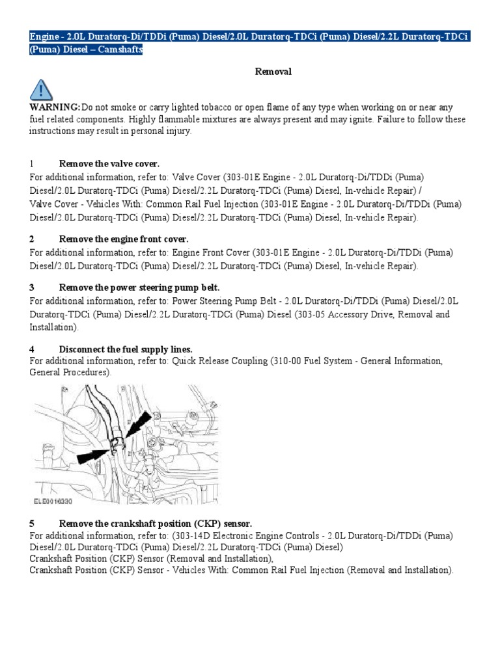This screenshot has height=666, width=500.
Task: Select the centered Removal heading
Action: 273,72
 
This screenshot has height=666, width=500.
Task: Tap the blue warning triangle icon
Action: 42,89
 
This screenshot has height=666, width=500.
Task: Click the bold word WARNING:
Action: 55,107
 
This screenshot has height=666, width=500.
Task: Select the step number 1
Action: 31,163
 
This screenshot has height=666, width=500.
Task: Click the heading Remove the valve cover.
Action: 109,163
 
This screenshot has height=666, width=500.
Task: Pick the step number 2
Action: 31,239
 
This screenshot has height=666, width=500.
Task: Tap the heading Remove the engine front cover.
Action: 124,239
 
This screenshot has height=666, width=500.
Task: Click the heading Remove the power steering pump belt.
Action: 139,287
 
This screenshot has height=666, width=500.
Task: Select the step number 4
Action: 31,349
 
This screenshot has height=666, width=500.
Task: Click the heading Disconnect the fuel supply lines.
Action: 126,349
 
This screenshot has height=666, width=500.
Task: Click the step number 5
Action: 31,523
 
